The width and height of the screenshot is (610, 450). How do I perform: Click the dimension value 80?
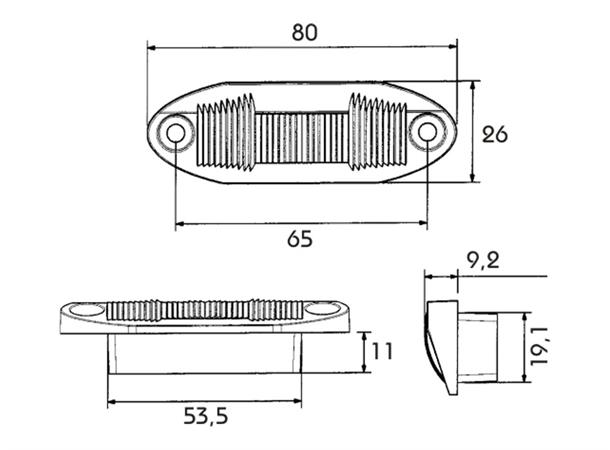(305, 33)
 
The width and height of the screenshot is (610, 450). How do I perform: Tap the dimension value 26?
(495, 135)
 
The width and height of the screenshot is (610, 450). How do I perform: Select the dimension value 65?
(300, 239)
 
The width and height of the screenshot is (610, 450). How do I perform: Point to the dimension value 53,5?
(205, 416)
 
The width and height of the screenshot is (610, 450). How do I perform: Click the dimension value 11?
(382, 351)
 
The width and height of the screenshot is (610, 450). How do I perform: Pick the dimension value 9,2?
(483, 261)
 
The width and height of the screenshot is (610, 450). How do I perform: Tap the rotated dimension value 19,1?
(539, 345)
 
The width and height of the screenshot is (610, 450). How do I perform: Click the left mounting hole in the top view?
(175, 133)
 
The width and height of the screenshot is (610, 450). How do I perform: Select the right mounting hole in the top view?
(427, 132)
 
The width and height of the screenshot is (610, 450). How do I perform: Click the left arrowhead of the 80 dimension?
(152, 48)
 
